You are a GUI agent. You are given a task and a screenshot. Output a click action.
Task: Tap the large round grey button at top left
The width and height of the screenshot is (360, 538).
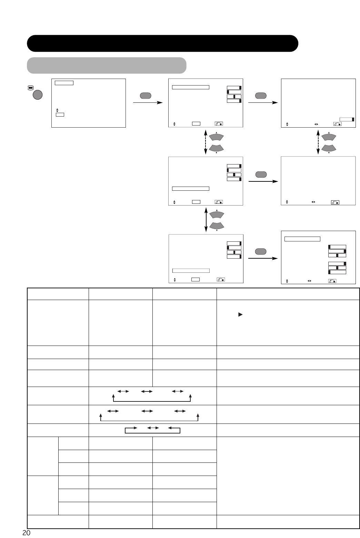[38, 95]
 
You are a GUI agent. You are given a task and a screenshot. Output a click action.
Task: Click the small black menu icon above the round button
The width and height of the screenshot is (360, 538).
[30, 88]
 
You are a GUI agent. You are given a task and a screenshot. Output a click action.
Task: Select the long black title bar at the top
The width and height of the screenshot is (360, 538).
[162, 43]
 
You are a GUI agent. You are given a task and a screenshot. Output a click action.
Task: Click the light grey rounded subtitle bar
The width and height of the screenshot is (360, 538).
[107, 66]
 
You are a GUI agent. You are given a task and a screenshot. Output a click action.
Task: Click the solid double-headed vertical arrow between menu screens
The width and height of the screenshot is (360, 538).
[206, 219]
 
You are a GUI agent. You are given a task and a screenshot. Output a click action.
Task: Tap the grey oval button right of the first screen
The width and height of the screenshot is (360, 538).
[145, 96]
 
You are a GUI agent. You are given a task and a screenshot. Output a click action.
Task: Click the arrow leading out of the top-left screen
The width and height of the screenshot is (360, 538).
[147, 102]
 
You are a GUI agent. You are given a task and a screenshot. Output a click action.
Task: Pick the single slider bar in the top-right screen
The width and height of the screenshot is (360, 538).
[347, 119]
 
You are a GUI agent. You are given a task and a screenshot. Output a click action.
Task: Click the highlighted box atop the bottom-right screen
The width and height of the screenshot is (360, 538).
[302, 239]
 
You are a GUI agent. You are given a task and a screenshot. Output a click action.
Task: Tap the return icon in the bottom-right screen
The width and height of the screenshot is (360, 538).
[332, 281]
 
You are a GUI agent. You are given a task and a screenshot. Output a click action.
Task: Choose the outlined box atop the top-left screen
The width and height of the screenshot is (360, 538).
[64, 83]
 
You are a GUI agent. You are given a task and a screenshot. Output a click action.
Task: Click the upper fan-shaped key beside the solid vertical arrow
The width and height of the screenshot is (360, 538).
[217, 214]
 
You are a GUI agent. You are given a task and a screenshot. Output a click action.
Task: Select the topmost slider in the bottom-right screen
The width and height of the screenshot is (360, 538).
[337, 247]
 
